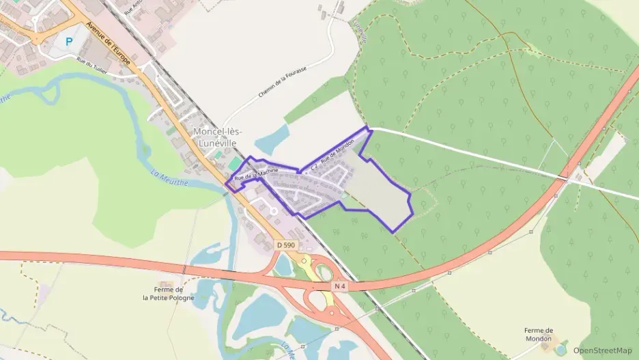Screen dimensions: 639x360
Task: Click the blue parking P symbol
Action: pos(68,41)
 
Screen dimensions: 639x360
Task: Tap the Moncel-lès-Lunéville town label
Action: pos(218,136)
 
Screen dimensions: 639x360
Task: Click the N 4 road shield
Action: pos(339,285)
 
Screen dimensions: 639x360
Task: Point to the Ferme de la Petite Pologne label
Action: pos(168,293)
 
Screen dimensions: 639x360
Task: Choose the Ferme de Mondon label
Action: pos(539,334)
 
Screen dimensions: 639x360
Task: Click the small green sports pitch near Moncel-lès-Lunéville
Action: pos(234,164)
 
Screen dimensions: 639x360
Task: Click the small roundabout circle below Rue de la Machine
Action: pos(273,211)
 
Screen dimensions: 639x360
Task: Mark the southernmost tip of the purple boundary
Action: pos(394,232)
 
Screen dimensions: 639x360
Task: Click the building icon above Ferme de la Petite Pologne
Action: pos(165,283)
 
